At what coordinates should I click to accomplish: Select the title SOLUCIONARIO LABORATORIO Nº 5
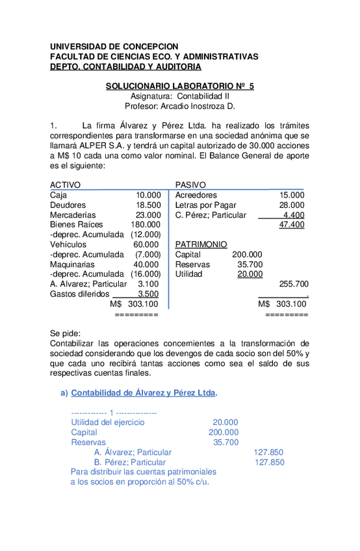[180, 86]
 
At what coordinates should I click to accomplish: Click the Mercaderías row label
[73, 214]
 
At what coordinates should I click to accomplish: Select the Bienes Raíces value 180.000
[145, 225]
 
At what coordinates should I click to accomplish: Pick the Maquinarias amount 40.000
[146, 264]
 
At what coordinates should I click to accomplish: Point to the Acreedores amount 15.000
[291, 195]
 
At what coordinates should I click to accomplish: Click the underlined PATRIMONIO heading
[201, 244]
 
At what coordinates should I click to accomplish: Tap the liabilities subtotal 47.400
[291, 225]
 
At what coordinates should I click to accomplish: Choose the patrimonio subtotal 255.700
[293, 284]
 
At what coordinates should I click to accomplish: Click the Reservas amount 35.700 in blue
[225, 442]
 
